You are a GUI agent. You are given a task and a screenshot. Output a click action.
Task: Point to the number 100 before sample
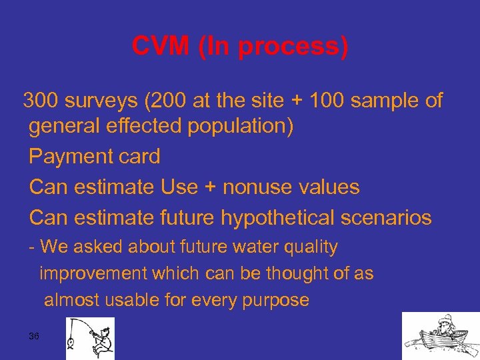tap(327, 101)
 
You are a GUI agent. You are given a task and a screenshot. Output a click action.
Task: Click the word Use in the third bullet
tap(179, 187)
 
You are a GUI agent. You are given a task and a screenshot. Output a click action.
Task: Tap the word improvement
tap(93, 274)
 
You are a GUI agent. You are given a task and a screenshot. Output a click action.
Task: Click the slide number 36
tap(34, 336)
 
